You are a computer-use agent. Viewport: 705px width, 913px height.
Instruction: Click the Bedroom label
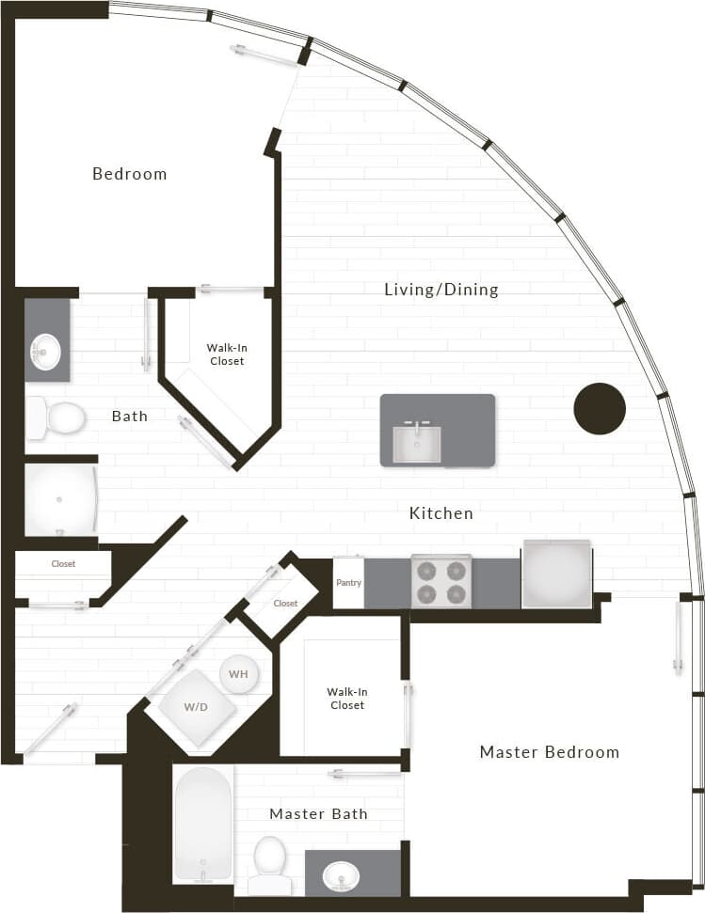coord(130,174)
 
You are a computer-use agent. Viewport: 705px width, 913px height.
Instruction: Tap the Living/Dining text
coord(441,290)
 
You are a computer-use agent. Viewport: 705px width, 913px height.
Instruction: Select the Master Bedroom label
coord(550,752)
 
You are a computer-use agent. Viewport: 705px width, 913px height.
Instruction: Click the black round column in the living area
coord(600,409)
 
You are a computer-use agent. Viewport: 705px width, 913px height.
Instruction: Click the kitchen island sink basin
coord(417,444)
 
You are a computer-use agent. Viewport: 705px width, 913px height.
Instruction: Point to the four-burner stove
coord(441,581)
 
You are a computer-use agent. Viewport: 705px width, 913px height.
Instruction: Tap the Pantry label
coord(348,583)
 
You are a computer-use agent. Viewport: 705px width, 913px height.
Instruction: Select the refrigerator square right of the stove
coord(557,575)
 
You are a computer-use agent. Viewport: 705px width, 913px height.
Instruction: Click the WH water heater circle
coord(238,674)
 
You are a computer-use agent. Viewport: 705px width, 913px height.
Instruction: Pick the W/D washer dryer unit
coord(196,707)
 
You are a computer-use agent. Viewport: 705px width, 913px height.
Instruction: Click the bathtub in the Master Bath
coord(203,822)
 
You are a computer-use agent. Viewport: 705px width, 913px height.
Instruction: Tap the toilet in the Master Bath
coord(270,863)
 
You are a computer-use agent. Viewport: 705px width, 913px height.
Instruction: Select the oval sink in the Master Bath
coord(340,876)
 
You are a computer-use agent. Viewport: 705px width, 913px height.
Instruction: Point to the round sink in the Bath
coord(45,353)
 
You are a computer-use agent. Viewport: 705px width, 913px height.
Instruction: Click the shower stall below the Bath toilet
coord(58,499)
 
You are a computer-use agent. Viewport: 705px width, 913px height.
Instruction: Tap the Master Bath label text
coord(318,814)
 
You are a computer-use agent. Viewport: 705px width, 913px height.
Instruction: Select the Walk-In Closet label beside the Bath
coord(226,354)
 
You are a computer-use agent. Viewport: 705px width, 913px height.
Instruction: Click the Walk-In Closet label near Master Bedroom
coord(346,698)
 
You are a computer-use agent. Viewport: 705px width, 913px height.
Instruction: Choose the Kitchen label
coord(441,514)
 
